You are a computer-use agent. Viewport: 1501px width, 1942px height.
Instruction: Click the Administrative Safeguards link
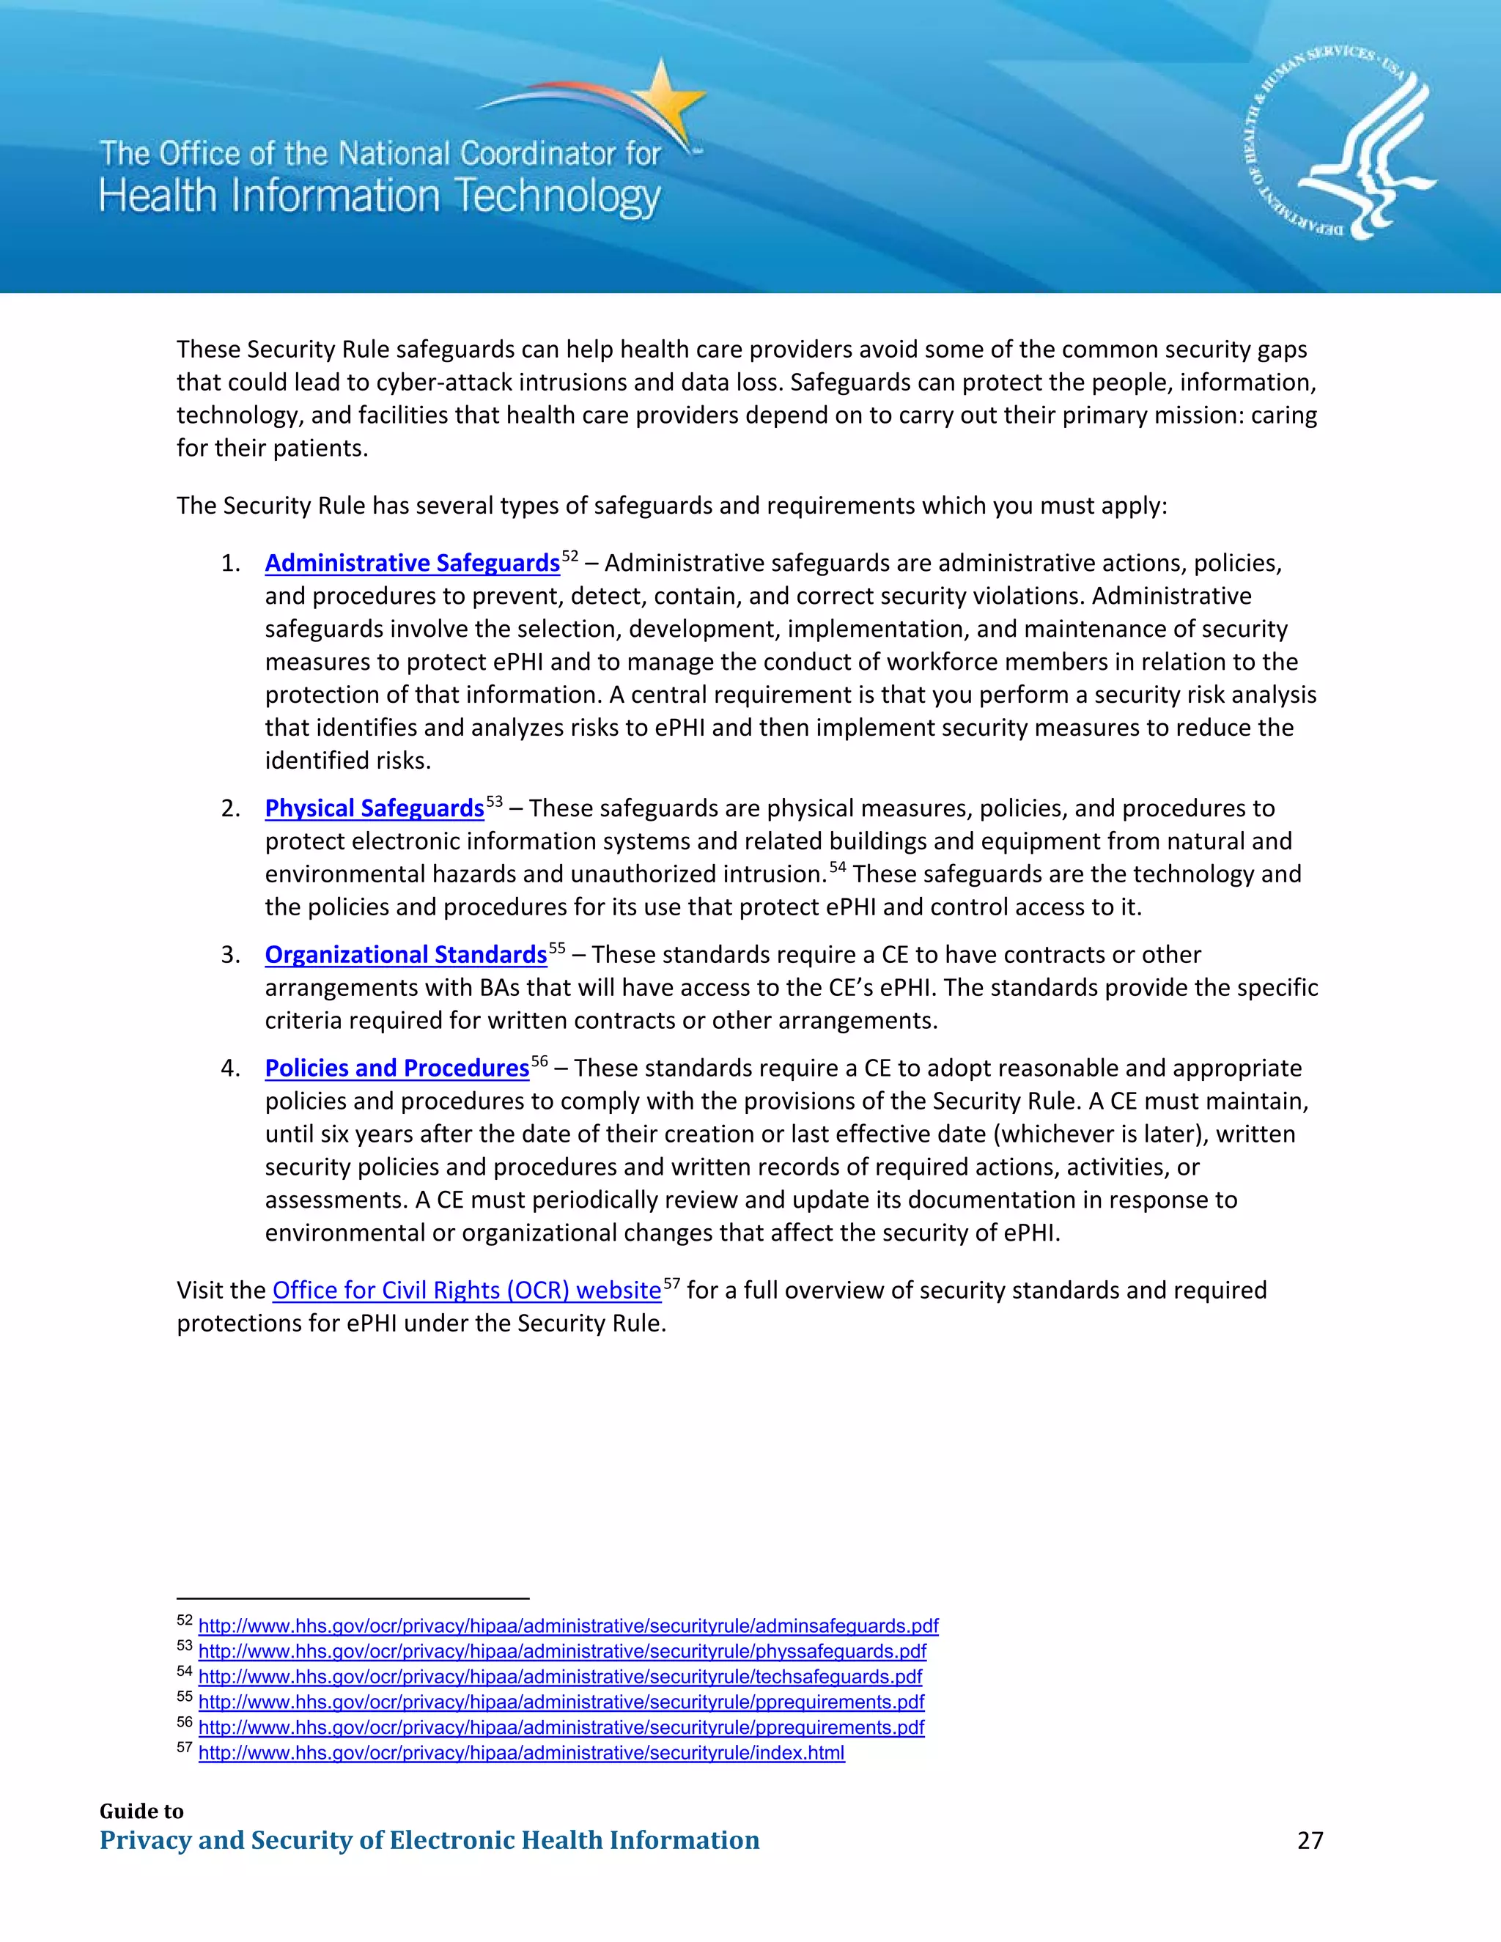click(x=412, y=564)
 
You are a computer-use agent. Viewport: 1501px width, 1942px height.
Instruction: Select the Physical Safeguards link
click(x=375, y=808)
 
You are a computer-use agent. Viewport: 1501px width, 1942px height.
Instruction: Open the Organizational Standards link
click(x=405, y=955)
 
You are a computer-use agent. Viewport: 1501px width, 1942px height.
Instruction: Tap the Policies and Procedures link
click(x=397, y=1068)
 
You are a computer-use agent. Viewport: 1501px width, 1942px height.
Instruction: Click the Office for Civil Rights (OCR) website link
click(x=467, y=1291)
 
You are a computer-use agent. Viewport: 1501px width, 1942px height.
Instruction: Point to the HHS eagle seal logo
click(x=1339, y=142)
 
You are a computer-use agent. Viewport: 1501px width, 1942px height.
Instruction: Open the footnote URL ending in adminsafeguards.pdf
click(x=568, y=1626)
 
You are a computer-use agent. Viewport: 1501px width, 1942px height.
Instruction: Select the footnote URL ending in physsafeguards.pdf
click(x=562, y=1651)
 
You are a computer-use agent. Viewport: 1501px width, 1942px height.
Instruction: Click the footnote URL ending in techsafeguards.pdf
click(x=560, y=1677)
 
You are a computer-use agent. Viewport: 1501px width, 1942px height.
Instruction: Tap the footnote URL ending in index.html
click(x=521, y=1753)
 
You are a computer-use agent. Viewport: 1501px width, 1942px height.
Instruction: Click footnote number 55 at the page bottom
click(x=184, y=1697)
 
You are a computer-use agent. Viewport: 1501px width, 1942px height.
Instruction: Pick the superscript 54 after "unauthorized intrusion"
click(x=838, y=867)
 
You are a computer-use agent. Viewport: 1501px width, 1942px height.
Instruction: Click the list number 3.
click(x=229, y=956)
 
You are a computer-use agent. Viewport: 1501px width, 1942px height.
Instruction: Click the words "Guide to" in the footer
click(x=141, y=1812)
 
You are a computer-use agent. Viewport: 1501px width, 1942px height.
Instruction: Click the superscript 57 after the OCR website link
click(x=671, y=1284)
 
